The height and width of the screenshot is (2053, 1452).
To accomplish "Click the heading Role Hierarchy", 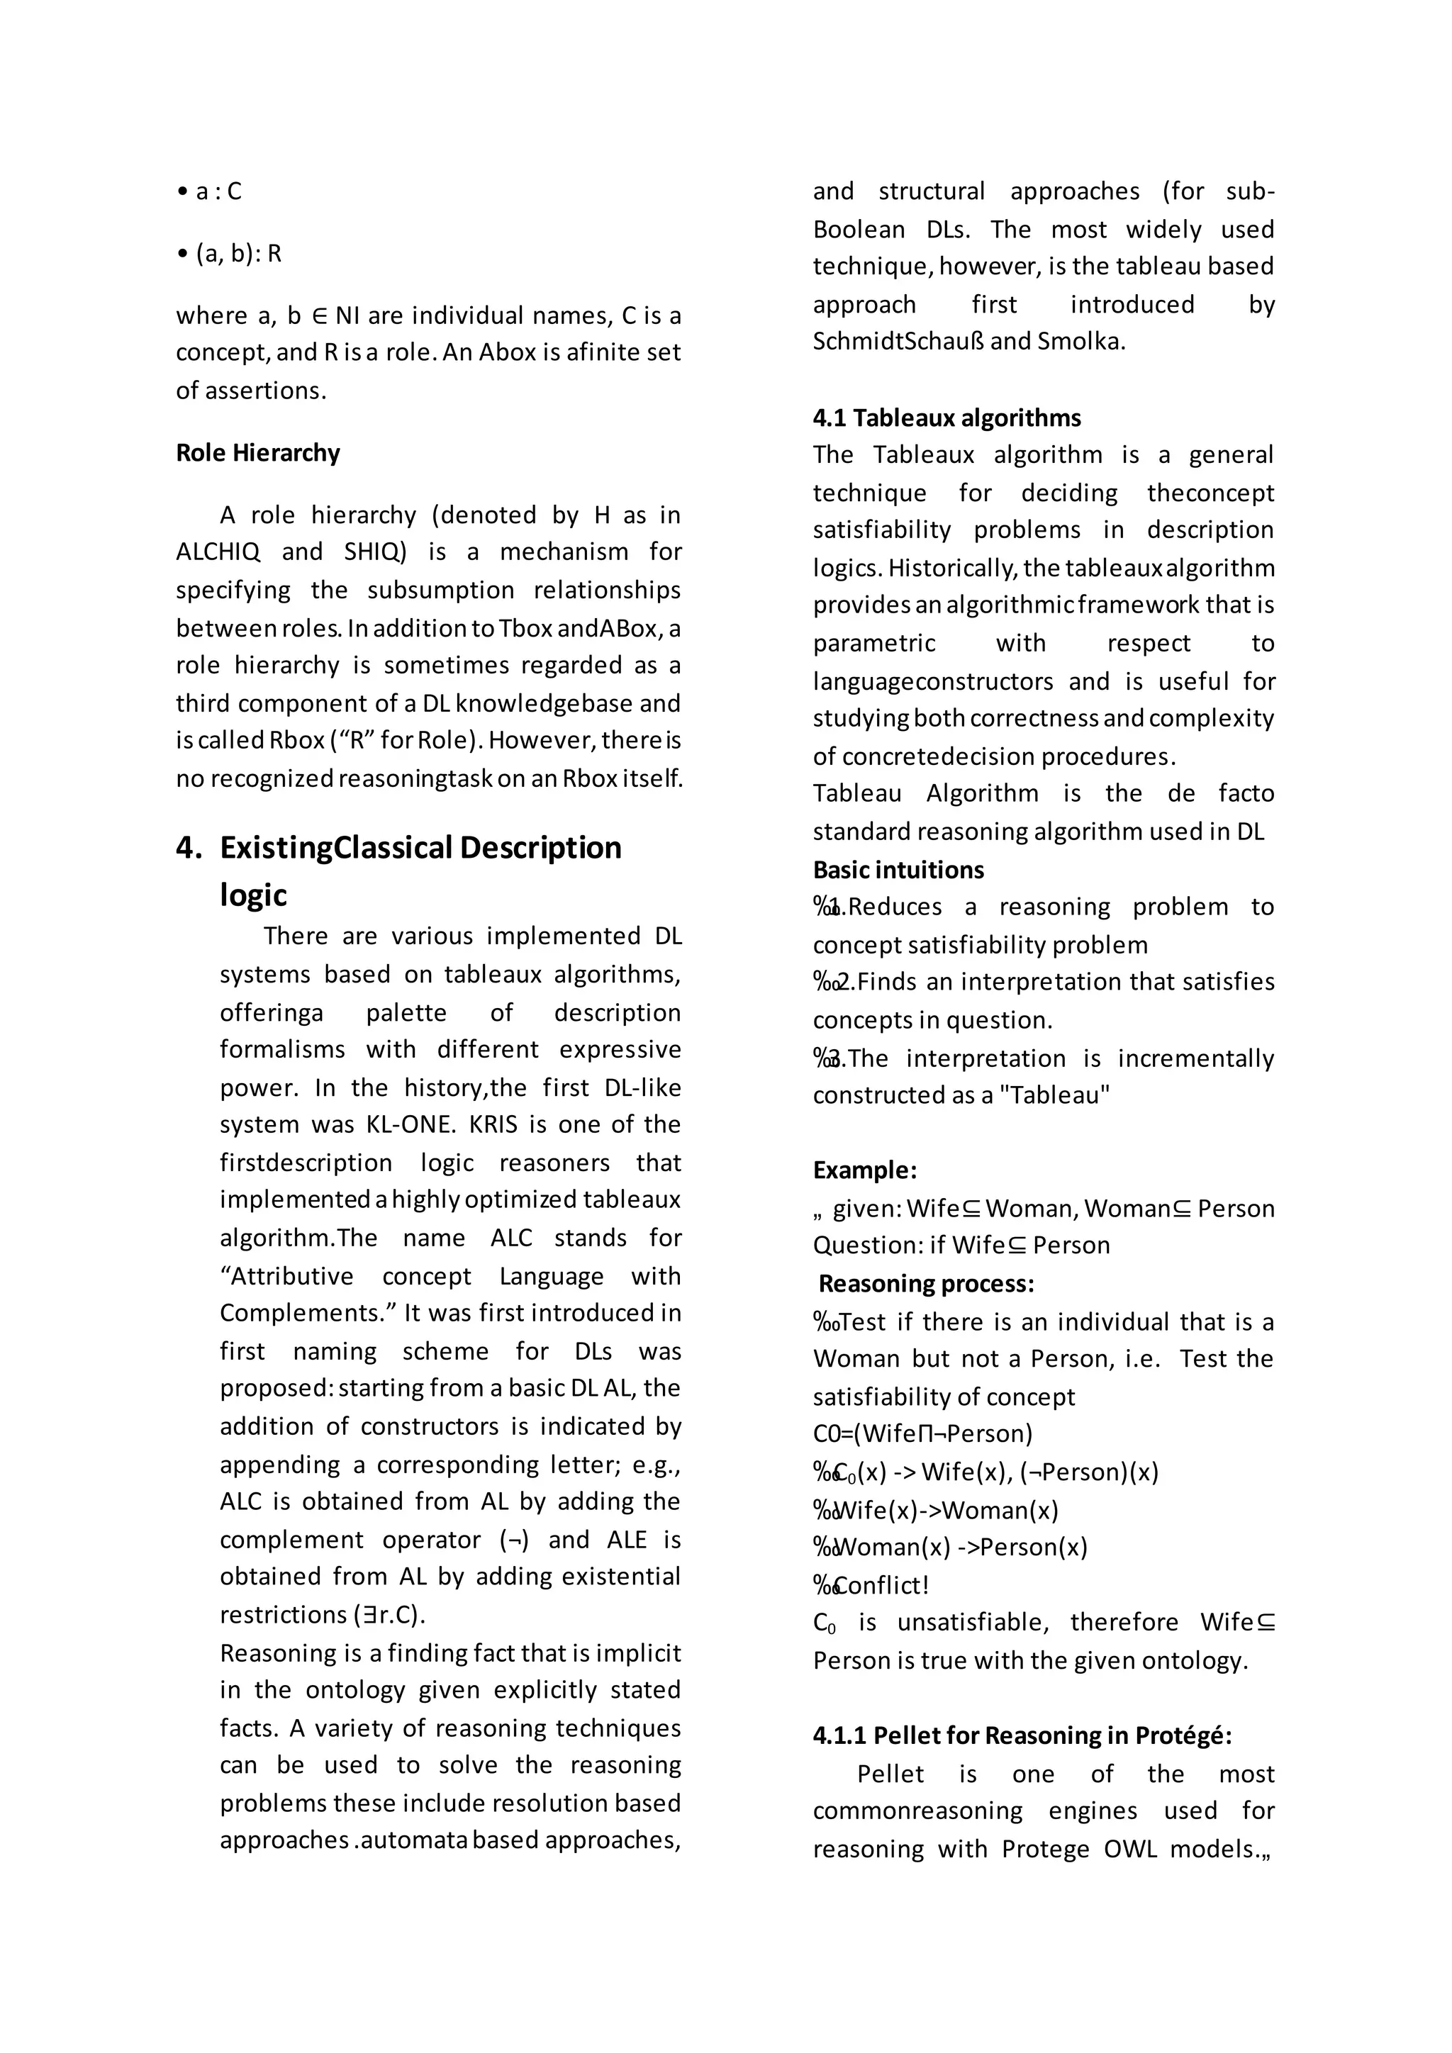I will pyautogui.click(x=257, y=453).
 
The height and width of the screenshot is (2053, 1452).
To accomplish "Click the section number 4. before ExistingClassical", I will pyautogui.click(x=189, y=848).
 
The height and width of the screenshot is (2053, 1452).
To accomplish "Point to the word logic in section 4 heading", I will pyautogui.click(x=254, y=895).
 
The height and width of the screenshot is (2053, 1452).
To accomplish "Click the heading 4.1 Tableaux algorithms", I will pyautogui.click(x=946, y=418).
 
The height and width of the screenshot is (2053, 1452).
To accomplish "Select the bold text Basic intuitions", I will pyautogui.click(x=898, y=870).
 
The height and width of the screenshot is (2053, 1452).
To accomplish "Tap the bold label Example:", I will pyautogui.click(x=864, y=1170).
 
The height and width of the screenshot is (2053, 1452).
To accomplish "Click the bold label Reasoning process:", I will pyautogui.click(x=926, y=1284).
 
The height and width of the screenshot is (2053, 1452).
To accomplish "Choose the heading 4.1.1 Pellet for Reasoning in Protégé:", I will pyautogui.click(x=1022, y=1735).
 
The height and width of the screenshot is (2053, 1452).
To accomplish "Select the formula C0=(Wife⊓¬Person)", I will pyautogui.click(x=922, y=1434).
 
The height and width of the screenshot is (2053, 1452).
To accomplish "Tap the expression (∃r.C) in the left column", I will pyautogui.click(x=390, y=1615).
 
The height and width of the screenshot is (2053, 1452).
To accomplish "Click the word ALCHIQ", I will pyautogui.click(x=218, y=552).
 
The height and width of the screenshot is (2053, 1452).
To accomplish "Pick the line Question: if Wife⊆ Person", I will pyautogui.click(x=961, y=1246).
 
